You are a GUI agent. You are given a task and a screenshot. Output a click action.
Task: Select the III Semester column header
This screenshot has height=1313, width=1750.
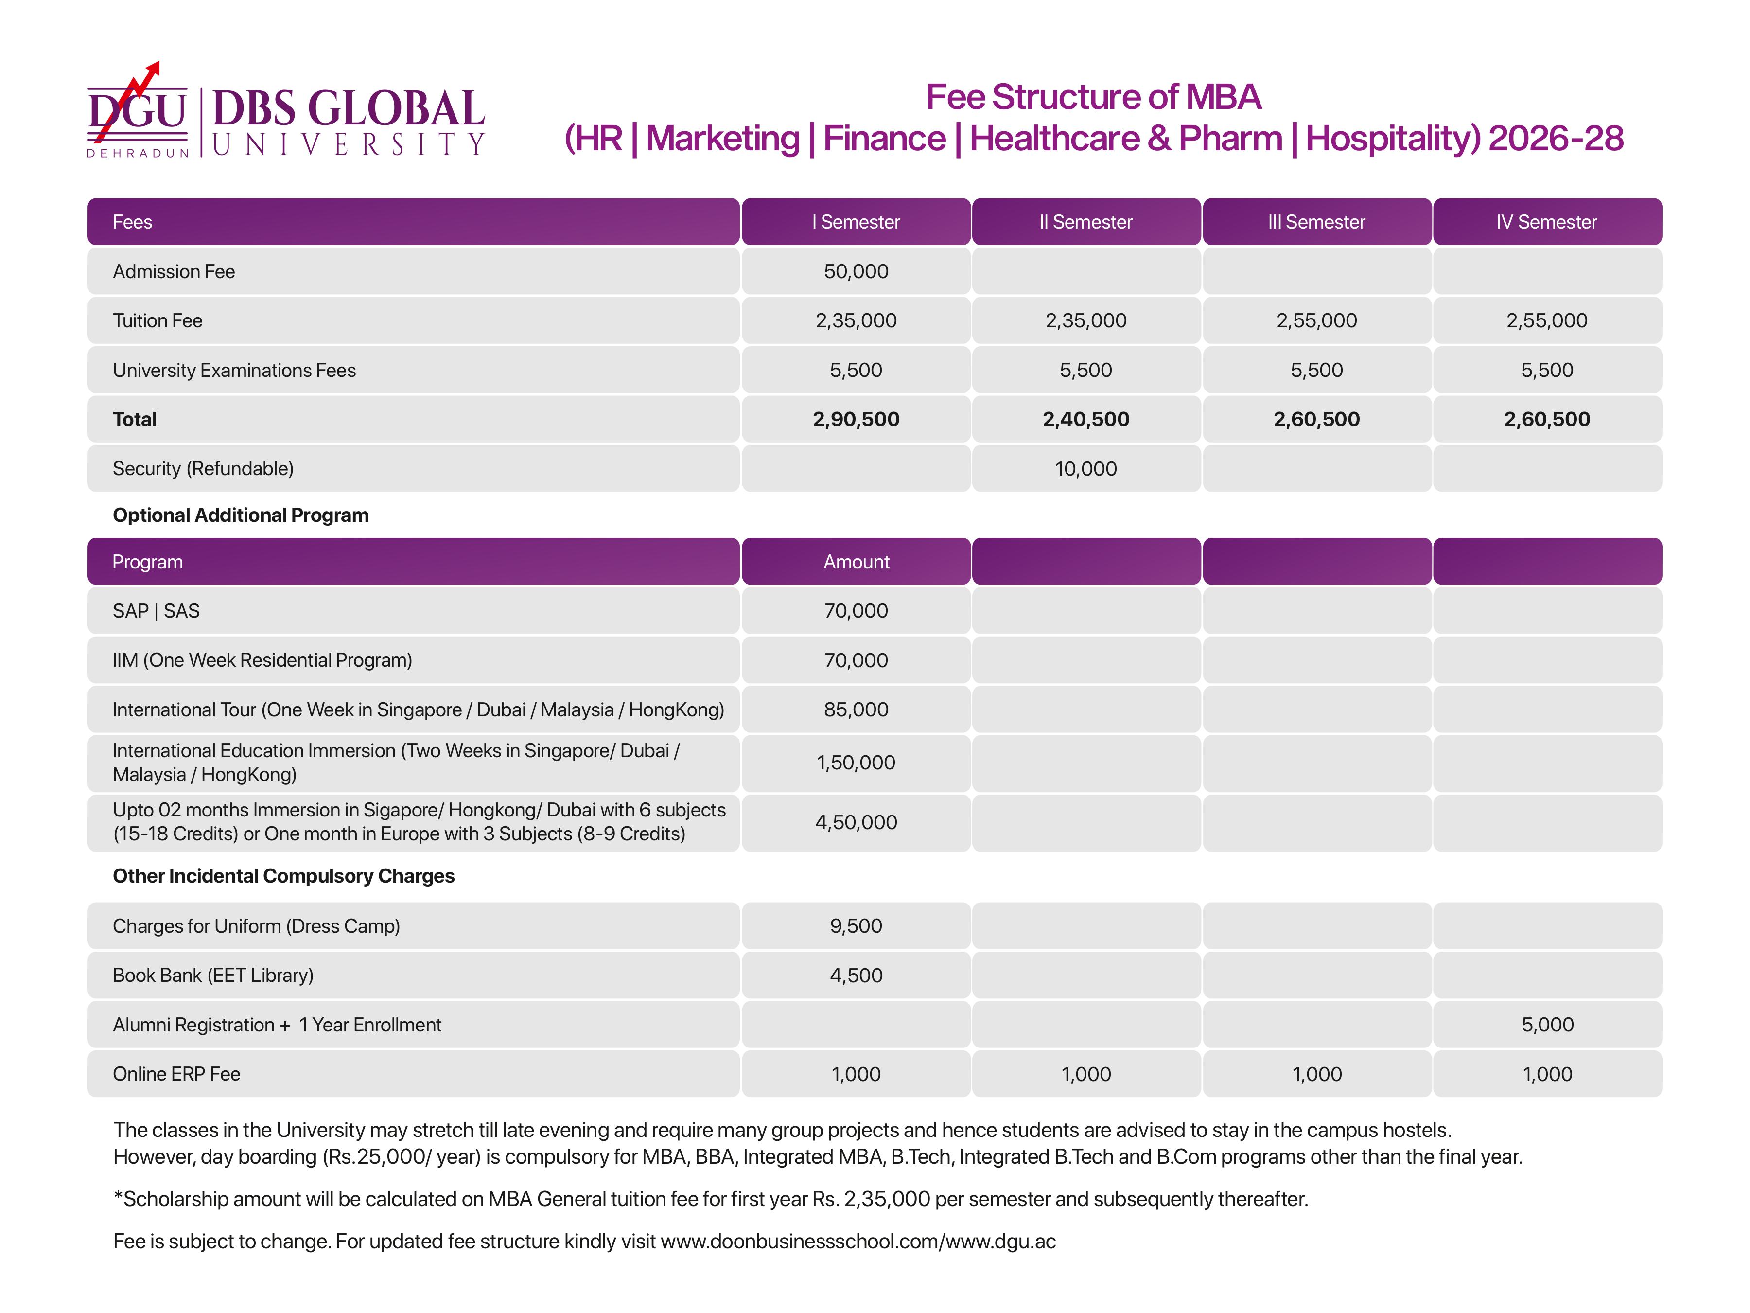(1316, 222)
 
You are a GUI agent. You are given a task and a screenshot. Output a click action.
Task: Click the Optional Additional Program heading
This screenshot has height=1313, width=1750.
(241, 515)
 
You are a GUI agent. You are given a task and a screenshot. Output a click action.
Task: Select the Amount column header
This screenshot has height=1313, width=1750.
(856, 562)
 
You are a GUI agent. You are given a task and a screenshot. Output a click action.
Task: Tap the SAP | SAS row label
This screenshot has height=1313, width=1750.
(156, 611)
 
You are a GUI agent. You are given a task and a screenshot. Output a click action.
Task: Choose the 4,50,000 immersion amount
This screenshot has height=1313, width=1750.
(856, 822)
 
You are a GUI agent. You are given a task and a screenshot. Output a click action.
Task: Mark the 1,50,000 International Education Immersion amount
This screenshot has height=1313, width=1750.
(856, 763)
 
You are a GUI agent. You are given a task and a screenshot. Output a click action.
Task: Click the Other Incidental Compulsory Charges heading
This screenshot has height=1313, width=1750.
(283, 876)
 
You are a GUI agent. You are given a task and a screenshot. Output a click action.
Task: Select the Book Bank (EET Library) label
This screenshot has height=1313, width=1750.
(213, 975)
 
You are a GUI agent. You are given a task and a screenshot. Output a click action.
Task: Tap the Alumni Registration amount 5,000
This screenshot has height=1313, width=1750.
(1547, 1025)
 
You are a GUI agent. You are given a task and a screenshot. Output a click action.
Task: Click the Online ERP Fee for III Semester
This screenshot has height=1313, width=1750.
(1316, 1074)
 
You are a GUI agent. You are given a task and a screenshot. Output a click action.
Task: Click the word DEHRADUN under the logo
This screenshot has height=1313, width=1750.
(138, 153)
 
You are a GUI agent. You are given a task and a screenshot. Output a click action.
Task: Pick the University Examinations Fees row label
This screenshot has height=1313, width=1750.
(234, 371)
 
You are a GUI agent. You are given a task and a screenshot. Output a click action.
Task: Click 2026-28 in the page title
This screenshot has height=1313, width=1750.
(1556, 139)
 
